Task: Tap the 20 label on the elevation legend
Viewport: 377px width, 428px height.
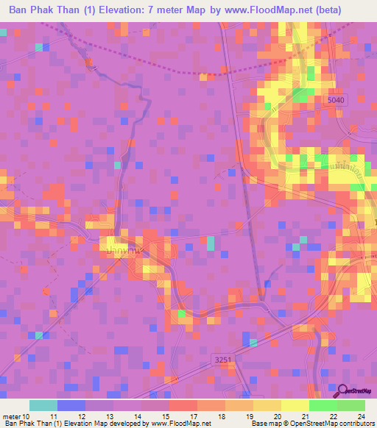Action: pos(276,415)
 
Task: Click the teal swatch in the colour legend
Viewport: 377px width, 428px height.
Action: pos(43,405)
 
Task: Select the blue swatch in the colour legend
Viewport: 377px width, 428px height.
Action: pos(71,405)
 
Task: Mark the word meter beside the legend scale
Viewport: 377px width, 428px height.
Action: pos(12,415)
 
